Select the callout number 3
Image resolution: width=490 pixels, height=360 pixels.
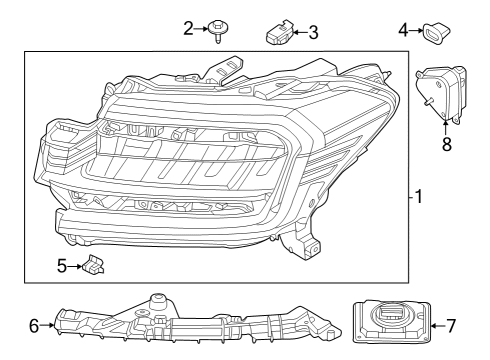point(313,32)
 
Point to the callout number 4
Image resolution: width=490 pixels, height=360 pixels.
point(404,30)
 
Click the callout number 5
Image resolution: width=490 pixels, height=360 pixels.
point(61,266)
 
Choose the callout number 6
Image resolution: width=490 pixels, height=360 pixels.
point(35,325)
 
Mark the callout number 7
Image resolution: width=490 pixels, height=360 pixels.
point(451,325)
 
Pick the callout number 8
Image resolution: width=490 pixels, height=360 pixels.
point(446,143)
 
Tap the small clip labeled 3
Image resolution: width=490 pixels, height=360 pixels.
point(276,32)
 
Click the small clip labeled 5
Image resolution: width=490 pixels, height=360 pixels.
point(96,266)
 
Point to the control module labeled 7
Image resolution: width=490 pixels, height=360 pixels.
point(390,324)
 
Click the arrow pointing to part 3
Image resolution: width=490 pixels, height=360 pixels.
point(297,32)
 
